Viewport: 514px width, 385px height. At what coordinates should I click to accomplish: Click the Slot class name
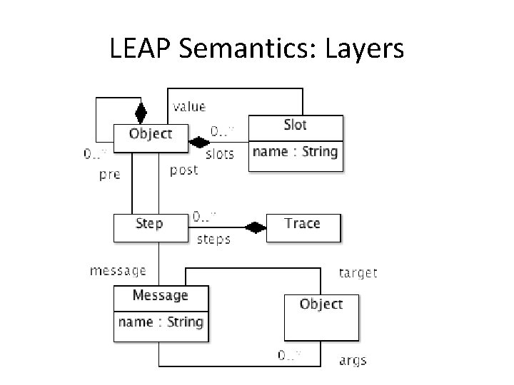[295, 125]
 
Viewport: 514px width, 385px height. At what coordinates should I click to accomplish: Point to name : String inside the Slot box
[295, 151]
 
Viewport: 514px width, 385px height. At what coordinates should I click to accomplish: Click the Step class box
[148, 224]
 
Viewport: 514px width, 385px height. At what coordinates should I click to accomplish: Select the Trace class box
[303, 224]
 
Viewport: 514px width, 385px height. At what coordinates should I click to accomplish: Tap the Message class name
[161, 295]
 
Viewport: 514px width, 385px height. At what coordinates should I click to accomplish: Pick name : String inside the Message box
[161, 322]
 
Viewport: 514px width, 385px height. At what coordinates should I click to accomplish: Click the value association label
[188, 107]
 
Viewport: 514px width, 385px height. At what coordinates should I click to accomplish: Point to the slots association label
[219, 154]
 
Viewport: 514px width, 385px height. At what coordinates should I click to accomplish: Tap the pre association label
[109, 174]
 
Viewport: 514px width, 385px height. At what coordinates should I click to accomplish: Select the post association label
[183, 170]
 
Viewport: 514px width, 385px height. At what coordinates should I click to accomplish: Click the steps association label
[213, 240]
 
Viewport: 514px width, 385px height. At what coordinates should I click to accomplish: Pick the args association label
[353, 360]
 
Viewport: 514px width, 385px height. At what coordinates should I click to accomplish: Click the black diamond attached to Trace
[255, 227]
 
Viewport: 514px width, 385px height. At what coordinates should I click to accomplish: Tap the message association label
[118, 271]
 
